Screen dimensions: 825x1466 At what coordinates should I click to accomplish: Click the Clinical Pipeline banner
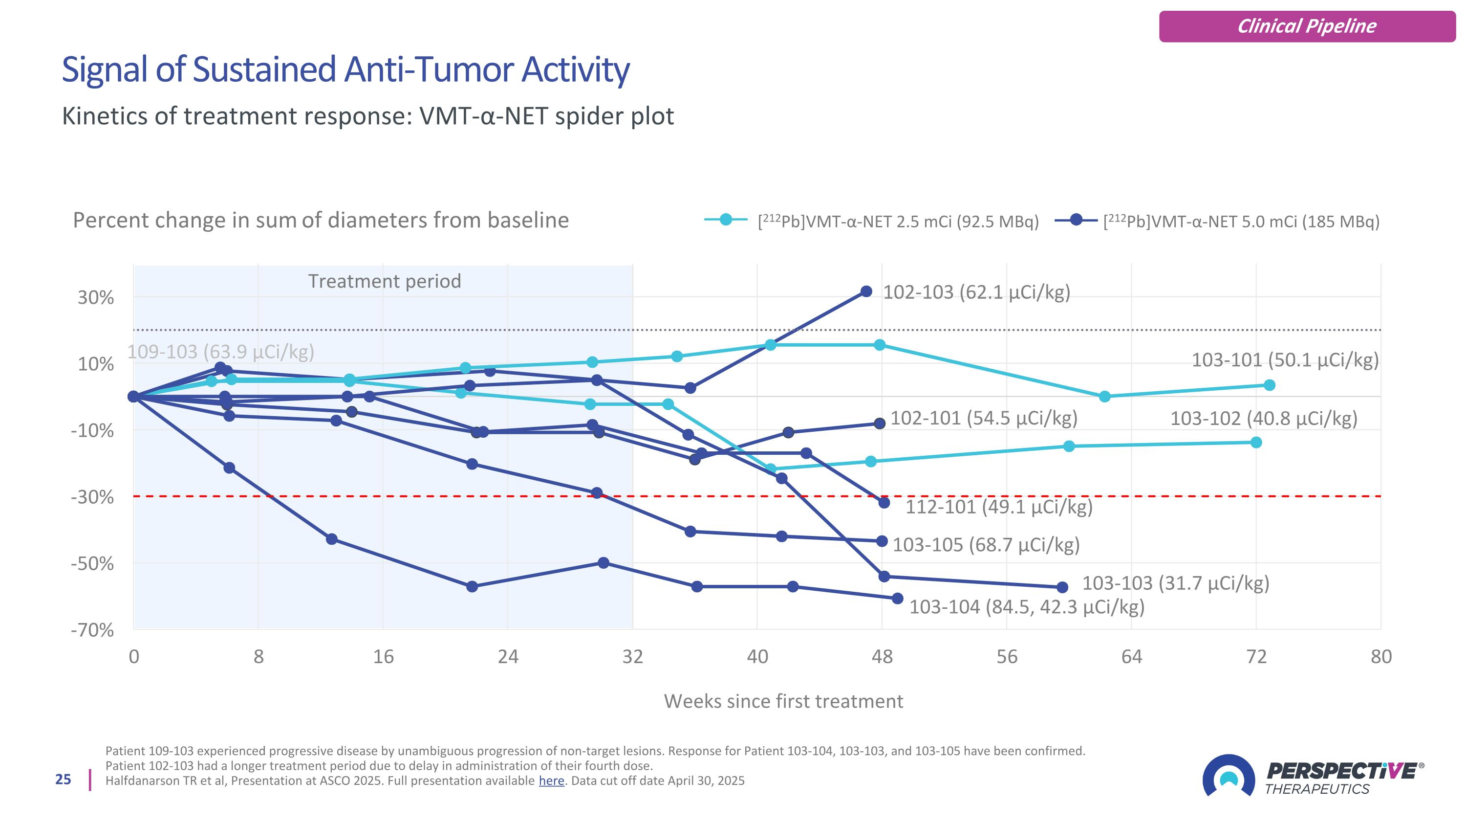tap(1307, 26)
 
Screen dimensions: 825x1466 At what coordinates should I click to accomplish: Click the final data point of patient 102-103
tap(866, 291)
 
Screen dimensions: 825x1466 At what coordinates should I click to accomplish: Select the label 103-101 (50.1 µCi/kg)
tap(1285, 360)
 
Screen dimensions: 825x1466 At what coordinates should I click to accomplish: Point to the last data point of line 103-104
tap(898, 599)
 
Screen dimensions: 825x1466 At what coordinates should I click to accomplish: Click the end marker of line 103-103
tap(1062, 587)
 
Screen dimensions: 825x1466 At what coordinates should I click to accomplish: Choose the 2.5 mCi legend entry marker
tap(726, 219)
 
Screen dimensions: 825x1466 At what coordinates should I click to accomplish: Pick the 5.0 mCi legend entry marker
tap(1076, 219)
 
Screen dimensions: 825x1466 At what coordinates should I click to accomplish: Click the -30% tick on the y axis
tap(92, 497)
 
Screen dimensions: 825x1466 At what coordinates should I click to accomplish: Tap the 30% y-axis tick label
tap(96, 297)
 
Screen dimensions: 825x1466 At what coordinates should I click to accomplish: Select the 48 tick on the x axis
tap(882, 656)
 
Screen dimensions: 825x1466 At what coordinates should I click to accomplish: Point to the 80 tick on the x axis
tap(1380, 656)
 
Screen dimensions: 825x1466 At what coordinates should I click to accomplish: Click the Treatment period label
tap(384, 281)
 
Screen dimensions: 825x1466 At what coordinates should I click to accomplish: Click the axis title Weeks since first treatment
tap(783, 701)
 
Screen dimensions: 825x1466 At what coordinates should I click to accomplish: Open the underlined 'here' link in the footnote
tap(551, 780)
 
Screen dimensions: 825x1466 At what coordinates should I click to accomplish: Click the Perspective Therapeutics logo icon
tap(1228, 776)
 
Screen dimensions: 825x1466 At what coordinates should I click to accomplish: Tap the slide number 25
tap(63, 780)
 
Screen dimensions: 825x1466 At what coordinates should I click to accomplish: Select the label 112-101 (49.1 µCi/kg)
tap(999, 506)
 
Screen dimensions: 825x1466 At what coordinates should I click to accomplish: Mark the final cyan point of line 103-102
tap(1256, 443)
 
